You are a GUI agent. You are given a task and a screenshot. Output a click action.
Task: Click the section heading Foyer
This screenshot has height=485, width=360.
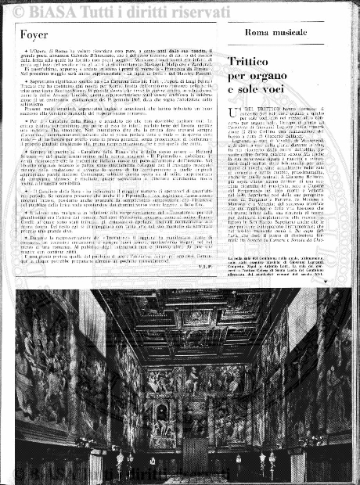click(x=35, y=35)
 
